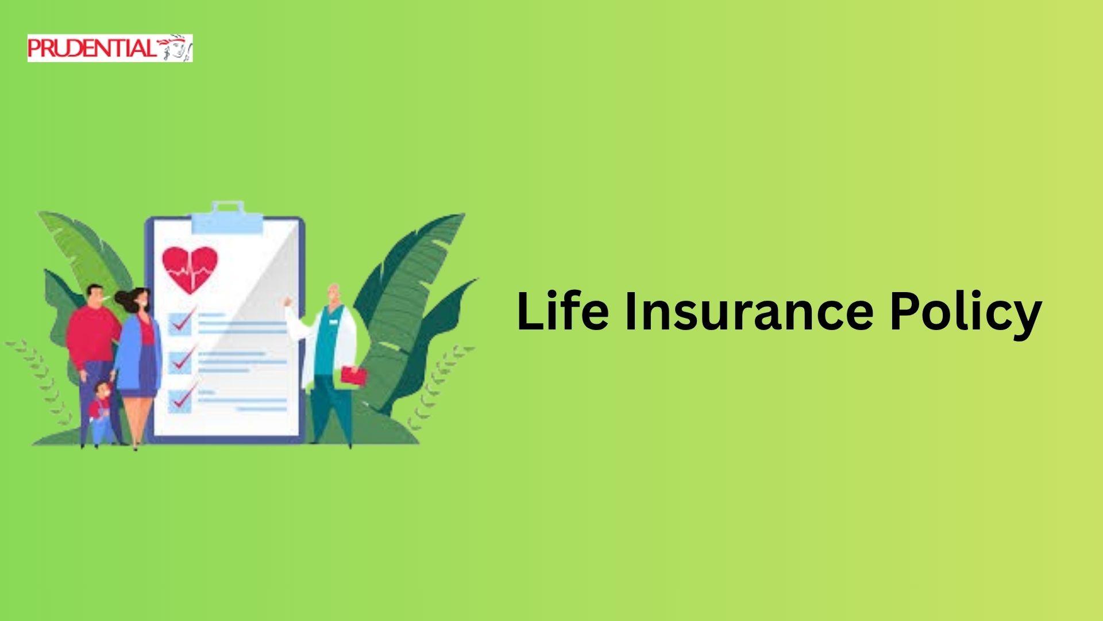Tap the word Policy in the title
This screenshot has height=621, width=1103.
[966, 315]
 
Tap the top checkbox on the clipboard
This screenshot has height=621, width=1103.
[180, 324]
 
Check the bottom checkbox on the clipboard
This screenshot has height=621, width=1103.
[180, 400]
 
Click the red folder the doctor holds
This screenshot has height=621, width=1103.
[354, 376]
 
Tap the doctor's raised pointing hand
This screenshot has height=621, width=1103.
[288, 302]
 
